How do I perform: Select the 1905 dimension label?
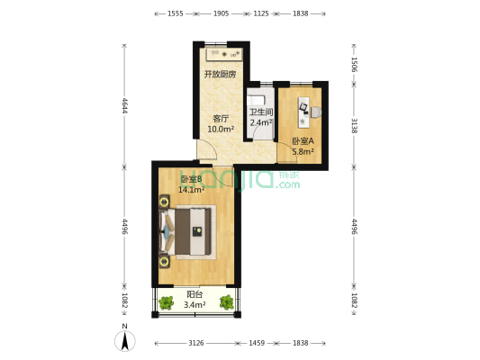pos(220,13)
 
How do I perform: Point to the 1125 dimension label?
pos(260,13)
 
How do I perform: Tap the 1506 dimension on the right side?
pos(354,64)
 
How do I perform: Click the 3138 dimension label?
pos(354,125)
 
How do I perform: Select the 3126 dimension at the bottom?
pos(195,343)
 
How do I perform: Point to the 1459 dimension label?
pos(257,343)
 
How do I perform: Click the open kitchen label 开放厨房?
pos(220,75)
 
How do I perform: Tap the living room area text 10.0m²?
pos(221,130)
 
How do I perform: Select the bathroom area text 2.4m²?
pos(261,123)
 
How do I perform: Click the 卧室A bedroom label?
pos(303,141)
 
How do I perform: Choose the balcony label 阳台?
pos(195,294)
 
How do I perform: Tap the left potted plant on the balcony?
pos(166,302)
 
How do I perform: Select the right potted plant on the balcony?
pos(226,302)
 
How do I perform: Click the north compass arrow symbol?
pos(126,340)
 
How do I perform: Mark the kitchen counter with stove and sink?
pos(222,52)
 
